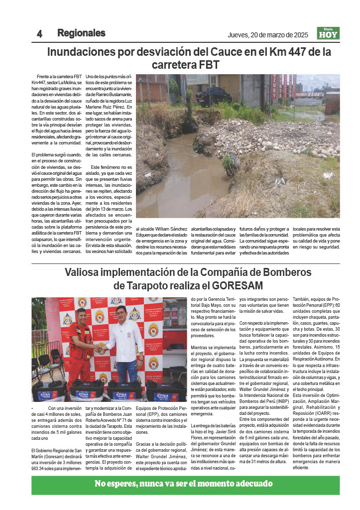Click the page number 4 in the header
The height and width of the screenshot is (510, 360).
39,34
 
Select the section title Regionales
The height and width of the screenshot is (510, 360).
81,33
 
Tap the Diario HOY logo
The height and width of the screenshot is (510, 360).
328,33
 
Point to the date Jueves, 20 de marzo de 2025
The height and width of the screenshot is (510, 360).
268,35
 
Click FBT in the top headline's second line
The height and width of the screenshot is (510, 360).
209,65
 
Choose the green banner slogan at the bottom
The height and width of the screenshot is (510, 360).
184,484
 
